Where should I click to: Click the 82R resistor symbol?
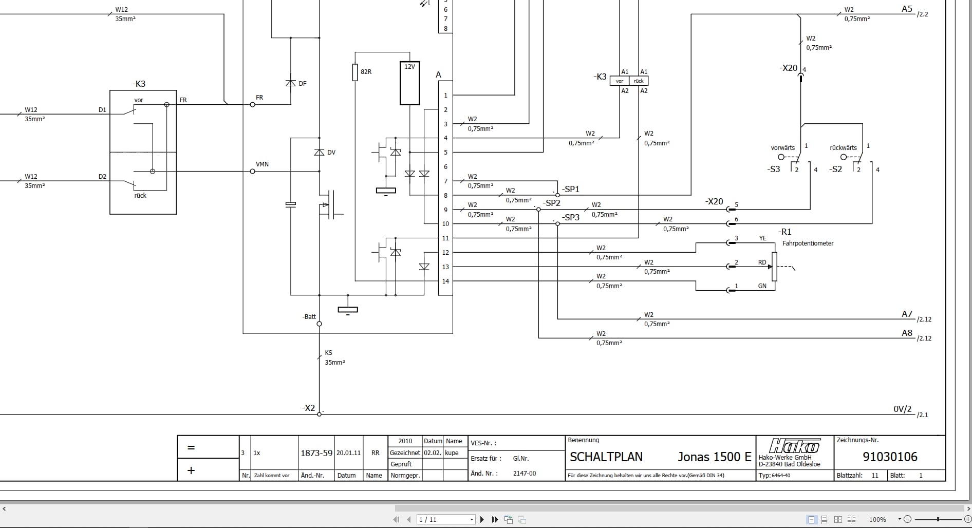point(355,72)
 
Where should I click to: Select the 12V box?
point(409,83)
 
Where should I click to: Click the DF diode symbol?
point(290,83)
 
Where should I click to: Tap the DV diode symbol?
point(319,153)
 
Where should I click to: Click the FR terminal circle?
point(252,104)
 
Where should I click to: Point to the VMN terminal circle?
point(252,171)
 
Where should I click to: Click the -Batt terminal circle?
point(319,324)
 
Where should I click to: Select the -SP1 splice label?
point(570,189)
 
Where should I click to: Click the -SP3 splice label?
point(570,217)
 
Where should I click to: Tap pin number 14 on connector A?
point(445,281)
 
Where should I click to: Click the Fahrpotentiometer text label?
point(808,243)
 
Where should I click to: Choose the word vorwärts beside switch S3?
point(782,148)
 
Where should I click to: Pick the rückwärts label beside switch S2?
point(843,148)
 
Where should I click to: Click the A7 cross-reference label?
point(907,314)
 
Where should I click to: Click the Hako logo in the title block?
point(794,446)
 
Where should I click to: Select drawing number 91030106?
point(890,457)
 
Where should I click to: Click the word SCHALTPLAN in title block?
point(606,457)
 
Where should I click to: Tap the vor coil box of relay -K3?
point(620,81)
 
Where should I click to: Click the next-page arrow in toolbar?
point(482,519)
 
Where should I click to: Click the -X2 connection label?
point(308,408)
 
